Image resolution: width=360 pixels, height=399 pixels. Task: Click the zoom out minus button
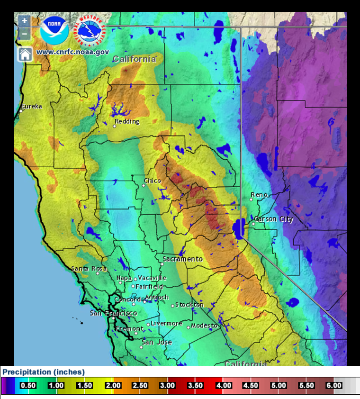pyautogui.click(x=25, y=34)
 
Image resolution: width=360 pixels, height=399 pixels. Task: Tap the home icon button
pyautogui.click(x=25, y=54)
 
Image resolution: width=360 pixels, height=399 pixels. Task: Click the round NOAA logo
pyautogui.click(x=54, y=30)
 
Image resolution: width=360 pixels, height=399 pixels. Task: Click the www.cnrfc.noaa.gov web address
pyautogui.click(x=72, y=52)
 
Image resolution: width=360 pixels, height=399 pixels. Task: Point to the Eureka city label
pyautogui.click(x=31, y=106)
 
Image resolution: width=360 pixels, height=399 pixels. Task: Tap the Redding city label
pyautogui.click(x=127, y=121)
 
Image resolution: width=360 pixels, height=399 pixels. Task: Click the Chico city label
pyautogui.click(x=153, y=181)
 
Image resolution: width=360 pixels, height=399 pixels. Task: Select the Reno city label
pyautogui.click(x=259, y=195)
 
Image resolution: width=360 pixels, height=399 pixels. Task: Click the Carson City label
pyautogui.click(x=274, y=219)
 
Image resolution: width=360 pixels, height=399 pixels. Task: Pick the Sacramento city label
pyautogui.click(x=182, y=259)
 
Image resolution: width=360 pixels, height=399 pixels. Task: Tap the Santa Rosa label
pyautogui.click(x=89, y=269)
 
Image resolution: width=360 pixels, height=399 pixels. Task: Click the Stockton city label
pyautogui.click(x=189, y=305)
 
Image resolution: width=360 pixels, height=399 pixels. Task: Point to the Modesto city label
pyautogui.click(x=204, y=326)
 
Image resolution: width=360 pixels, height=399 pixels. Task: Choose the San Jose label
pyautogui.click(x=153, y=342)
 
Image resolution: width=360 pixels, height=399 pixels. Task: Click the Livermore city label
pyautogui.click(x=166, y=323)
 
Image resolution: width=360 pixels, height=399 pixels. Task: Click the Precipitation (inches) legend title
pyautogui.click(x=44, y=372)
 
